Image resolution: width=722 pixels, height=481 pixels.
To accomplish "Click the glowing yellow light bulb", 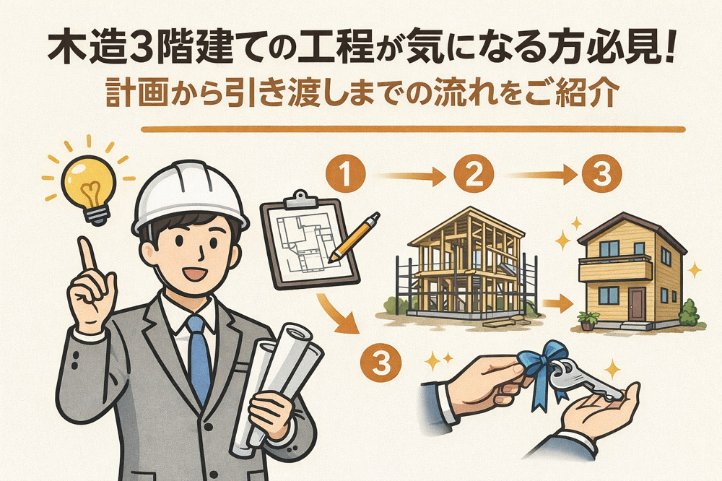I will tap(88, 182).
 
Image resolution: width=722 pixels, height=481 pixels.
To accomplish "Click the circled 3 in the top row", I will tap(600, 175).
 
